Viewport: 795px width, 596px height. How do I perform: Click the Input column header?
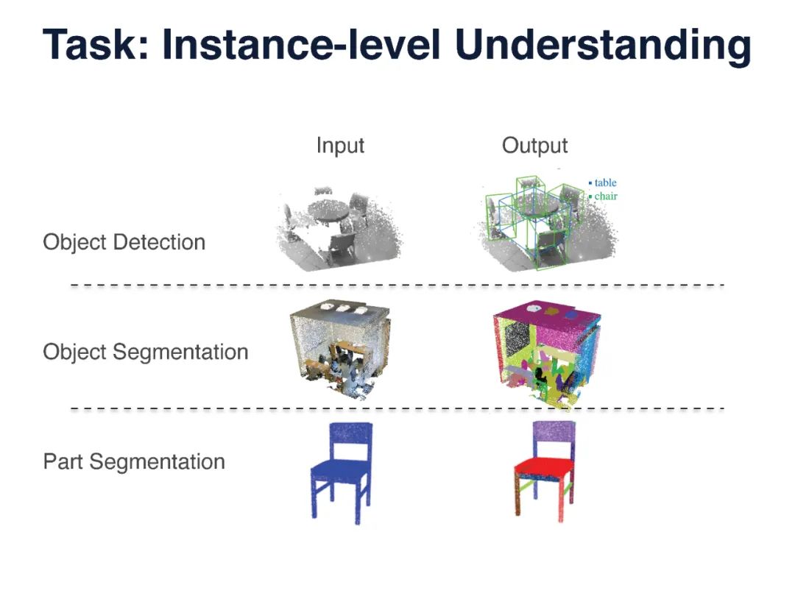(340, 145)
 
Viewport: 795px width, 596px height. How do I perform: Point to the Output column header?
(534, 145)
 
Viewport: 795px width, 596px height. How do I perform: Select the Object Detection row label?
(124, 242)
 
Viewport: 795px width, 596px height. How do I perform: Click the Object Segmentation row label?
(145, 352)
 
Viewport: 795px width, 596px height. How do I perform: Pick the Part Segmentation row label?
(134, 462)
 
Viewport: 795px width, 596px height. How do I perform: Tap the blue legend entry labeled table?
(604, 182)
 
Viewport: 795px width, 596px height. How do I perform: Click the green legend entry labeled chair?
(604, 196)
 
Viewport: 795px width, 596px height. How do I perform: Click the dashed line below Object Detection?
(397, 284)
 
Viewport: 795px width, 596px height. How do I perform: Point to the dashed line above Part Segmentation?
(397, 408)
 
